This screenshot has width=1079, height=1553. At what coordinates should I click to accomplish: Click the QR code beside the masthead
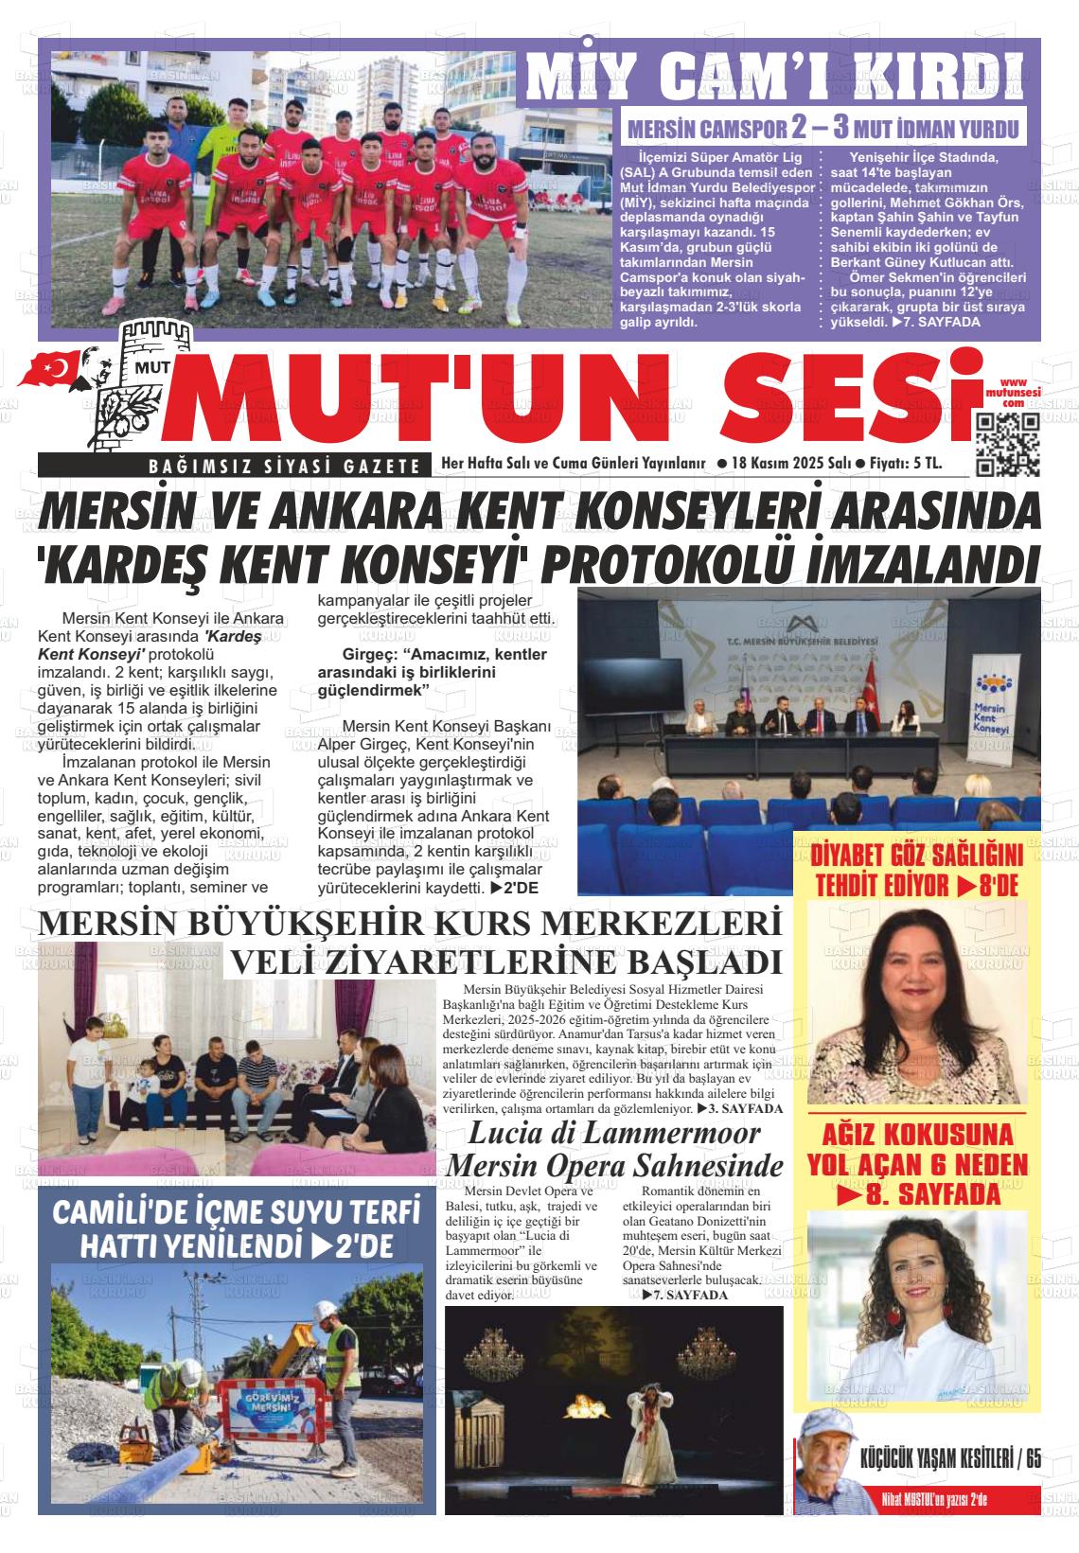tap(1008, 445)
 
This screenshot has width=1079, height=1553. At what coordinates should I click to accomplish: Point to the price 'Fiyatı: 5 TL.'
tap(907, 464)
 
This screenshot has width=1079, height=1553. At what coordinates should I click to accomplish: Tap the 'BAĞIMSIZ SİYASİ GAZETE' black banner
tap(233, 465)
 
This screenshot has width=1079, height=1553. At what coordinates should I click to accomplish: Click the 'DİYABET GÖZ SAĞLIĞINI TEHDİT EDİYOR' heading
tap(915, 871)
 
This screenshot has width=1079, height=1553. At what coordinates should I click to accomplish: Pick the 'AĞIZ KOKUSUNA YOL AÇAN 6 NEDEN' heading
tap(916, 1164)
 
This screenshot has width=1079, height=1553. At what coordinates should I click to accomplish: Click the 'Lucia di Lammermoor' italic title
tap(614, 1132)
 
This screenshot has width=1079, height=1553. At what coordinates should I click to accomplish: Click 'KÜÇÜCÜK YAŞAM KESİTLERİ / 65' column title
tap(950, 1458)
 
